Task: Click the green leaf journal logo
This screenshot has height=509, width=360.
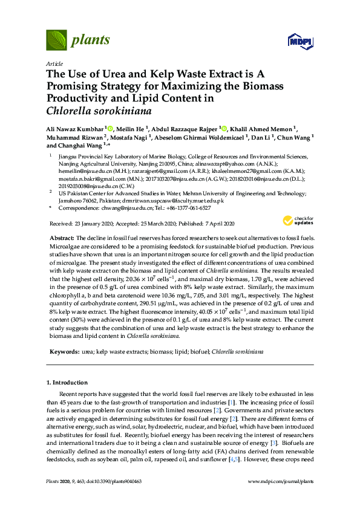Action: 57,41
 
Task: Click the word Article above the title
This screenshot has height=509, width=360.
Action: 54,63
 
